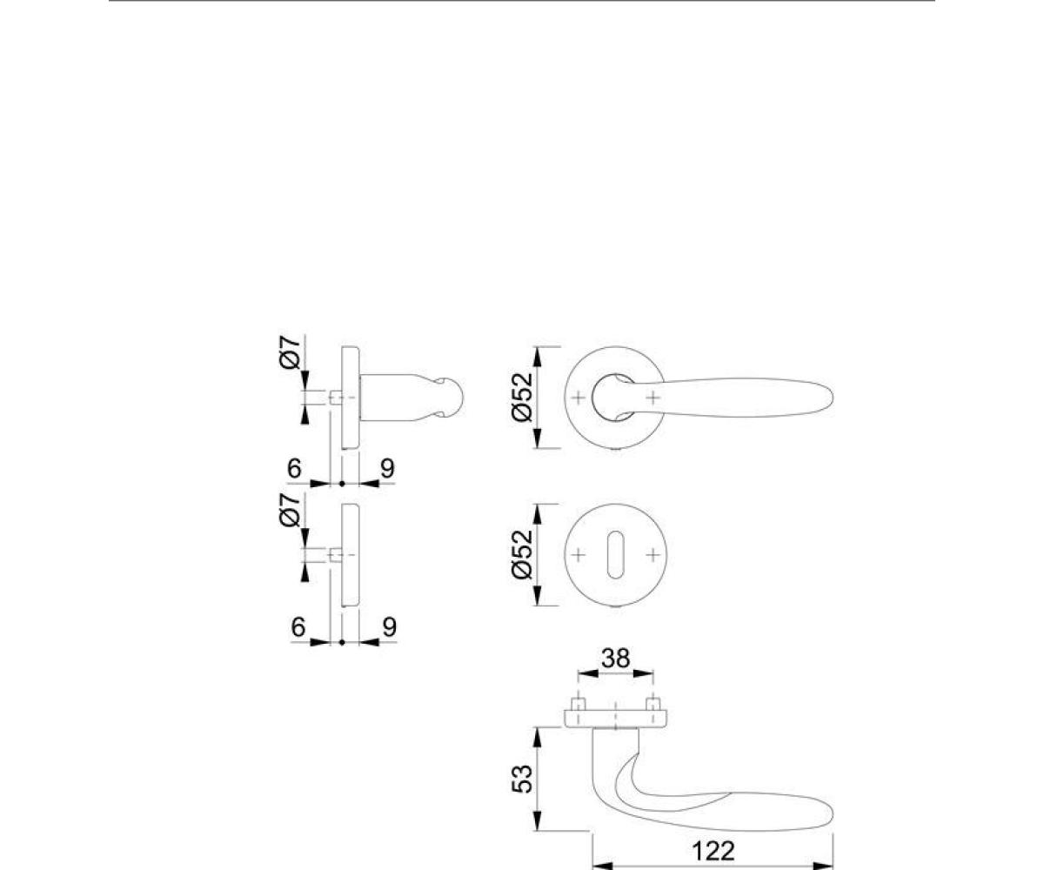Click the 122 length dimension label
(713, 852)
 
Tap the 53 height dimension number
(523, 779)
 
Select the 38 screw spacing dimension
(615, 659)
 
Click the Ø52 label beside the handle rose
(523, 398)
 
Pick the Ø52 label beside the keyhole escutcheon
(523, 554)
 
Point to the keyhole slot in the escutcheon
(615, 555)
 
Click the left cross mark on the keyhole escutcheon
(578, 555)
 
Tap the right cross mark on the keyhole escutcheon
(653, 555)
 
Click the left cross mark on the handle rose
(578, 398)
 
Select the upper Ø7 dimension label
(291, 352)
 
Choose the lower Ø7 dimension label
(291, 510)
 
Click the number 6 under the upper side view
(295, 469)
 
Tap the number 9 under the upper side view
(387, 469)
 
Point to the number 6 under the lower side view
(298, 626)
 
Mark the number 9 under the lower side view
(390, 626)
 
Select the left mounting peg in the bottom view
(579, 704)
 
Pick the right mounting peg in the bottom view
(653, 704)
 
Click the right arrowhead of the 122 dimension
(822, 866)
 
